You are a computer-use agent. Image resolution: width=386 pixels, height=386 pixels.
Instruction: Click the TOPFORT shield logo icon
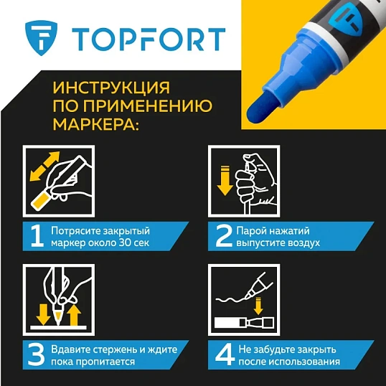point(38,37)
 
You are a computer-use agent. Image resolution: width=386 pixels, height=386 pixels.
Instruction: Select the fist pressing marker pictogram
point(244,179)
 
